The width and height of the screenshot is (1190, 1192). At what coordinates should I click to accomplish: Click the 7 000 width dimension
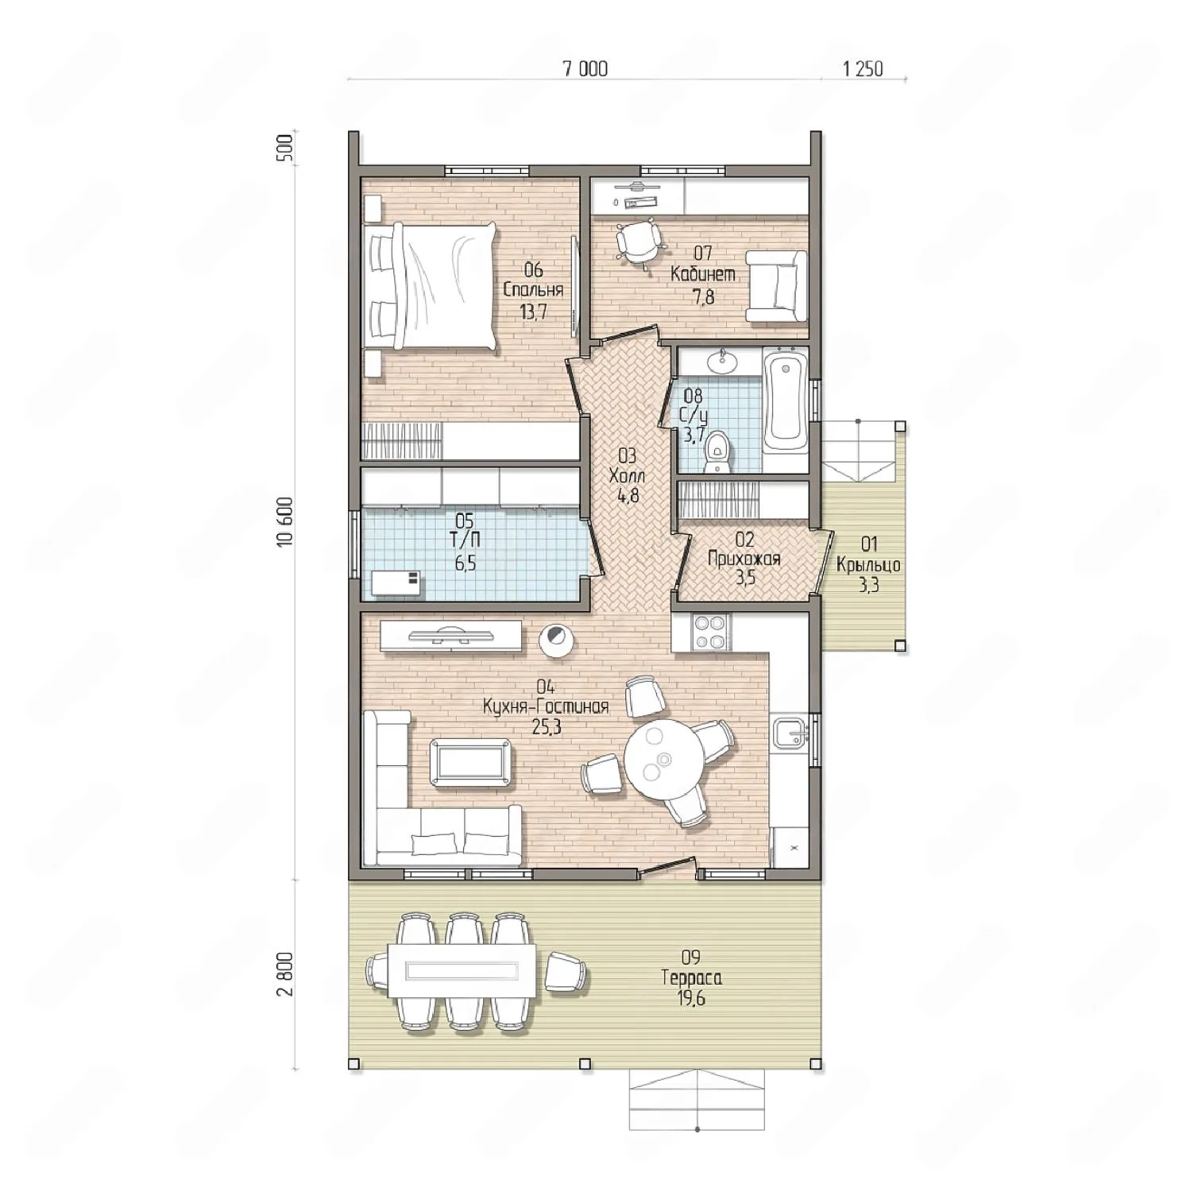(x=585, y=69)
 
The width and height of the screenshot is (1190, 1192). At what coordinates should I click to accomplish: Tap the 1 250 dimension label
(x=863, y=69)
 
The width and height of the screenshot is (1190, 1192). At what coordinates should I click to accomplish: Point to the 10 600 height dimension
(x=285, y=521)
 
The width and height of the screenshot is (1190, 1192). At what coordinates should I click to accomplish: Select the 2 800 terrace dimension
(x=285, y=973)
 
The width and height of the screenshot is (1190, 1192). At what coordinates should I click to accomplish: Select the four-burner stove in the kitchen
(x=709, y=633)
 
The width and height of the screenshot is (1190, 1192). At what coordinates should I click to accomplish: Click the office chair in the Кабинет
(x=637, y=240)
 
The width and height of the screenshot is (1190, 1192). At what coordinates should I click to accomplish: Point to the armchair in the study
(x=776, y=286)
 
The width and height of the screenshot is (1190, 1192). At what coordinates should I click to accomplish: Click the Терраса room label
(x=691, y=978)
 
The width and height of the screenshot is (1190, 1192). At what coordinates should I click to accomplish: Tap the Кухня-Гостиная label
(x=546, y=706)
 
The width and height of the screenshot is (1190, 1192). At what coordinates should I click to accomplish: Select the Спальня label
(x=533, y=289)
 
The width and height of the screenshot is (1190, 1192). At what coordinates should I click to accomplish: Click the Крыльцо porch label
(x=868, y=565)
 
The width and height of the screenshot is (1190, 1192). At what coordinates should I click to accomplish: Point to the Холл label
(x=627, y=476)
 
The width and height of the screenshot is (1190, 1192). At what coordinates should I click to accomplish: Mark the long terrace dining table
(x=453, y=969)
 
